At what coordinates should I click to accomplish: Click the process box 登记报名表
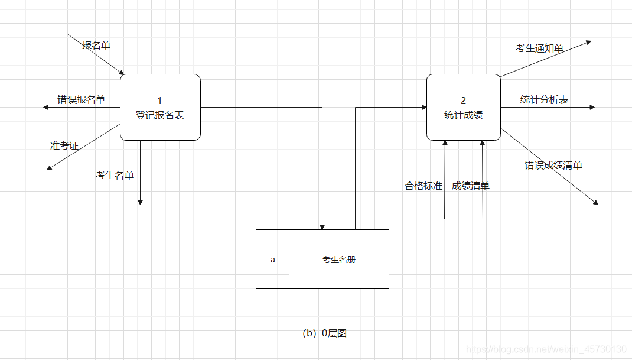tap(160, 108)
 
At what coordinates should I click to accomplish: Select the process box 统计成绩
tap(463, 108)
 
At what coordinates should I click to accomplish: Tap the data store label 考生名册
tap(339, 260)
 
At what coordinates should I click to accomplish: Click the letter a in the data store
tap(272, 260)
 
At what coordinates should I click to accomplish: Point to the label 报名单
tap(96, 45)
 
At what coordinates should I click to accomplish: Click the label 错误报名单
tap(81, 99)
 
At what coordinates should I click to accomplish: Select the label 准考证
tap(64, 145)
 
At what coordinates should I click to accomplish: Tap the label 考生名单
tap(115, 175)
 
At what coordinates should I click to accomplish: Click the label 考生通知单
tap(539, 48)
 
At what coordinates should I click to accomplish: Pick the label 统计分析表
tap(544, 100)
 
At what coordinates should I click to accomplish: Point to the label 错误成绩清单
tap(553, 166)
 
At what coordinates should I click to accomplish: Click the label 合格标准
tap(423, 186)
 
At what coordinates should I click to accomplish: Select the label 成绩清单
tap(471, 186)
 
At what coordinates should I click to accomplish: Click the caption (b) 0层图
tap(324, 333)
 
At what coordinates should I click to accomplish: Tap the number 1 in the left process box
tap(159, 100)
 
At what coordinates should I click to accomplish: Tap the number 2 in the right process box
tap(463, 101)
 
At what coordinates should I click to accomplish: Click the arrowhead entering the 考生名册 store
tap(322, 226)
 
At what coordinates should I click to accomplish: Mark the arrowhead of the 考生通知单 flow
tap(588, 42)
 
